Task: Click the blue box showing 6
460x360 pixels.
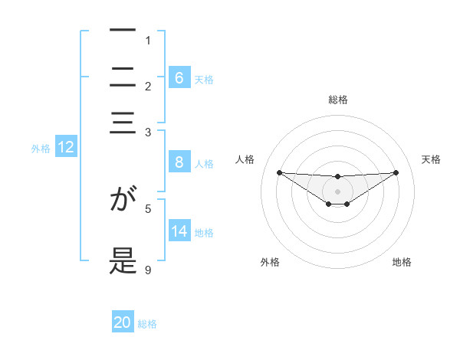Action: pos(179,77)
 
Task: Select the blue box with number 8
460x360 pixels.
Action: pos(179,162)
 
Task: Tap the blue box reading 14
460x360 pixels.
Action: pos(179,231)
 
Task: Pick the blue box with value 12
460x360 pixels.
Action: pos(65,148)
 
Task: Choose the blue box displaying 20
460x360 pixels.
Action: pos(123,322)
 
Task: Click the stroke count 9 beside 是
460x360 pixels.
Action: pos(148,270)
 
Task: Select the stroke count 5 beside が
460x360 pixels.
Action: pos(148,208)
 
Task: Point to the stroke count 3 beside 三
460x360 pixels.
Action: pos(148,133)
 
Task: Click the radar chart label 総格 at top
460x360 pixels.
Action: pos(337,100)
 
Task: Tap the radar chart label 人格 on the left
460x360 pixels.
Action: pos(245,159)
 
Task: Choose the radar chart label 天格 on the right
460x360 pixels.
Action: pos(431,159)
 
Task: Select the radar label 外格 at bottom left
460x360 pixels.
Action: pos(270,262)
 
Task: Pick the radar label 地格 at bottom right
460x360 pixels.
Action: pos(402,262)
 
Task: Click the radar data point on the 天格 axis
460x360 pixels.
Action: pos(396,172)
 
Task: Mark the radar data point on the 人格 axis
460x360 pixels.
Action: pos(279,172)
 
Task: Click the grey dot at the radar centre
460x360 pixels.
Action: pos(337,191)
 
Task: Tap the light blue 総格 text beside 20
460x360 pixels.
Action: pos(147,324)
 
